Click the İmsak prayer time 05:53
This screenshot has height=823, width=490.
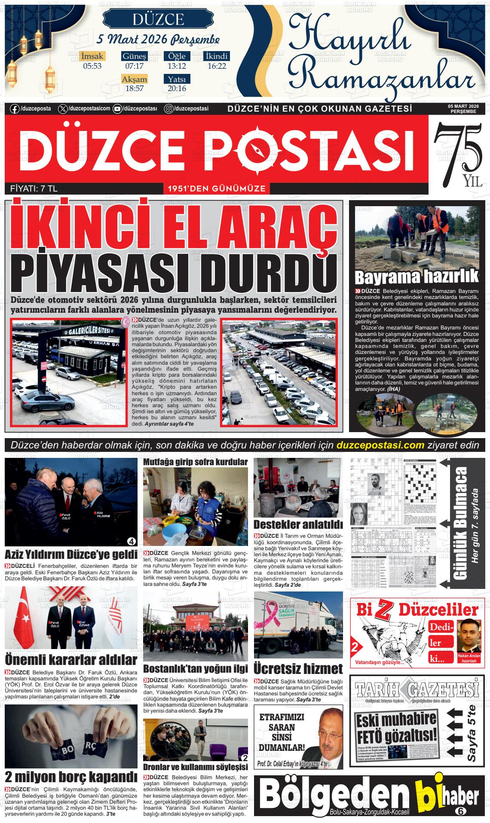(x=92, y=66)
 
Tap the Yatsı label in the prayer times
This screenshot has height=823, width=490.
(x=177, y=79)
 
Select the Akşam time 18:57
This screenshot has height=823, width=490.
(x=134, y=88)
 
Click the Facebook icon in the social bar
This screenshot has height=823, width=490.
(x=14, y=109)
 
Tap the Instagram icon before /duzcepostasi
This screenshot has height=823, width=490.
(x=169, y=109)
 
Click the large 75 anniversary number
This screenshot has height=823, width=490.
(x=456, y=148)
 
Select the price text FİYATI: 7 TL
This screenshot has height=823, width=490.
(x=34, y=188)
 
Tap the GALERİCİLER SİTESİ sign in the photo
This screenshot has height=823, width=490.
(x=88, y=329)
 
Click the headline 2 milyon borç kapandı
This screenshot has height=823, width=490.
(x=71, y=776)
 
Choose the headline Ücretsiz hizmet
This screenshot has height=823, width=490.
(x=298, y=669)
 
